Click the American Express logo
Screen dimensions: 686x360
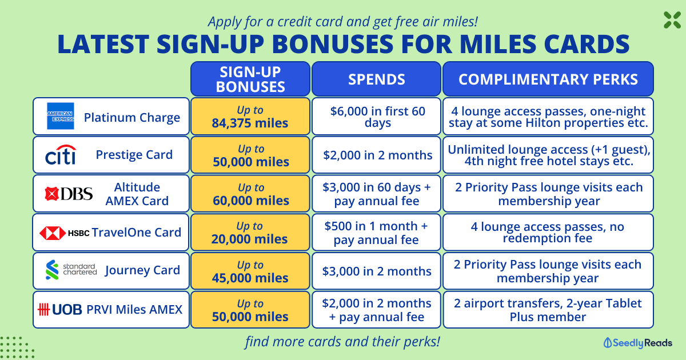(61, 116)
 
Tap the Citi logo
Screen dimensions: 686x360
(61, 155)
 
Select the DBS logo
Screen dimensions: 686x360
(69, 194)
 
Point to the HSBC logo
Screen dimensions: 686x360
(64, 233)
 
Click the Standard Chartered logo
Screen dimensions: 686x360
(71, 270)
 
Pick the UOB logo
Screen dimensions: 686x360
(59, 310)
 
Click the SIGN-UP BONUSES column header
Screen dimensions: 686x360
(250, 79)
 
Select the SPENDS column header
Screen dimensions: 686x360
(376, 79)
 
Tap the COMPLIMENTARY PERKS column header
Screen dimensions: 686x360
(548, 79)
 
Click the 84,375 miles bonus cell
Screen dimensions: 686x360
(250, 117)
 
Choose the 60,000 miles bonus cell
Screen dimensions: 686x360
(250, 194)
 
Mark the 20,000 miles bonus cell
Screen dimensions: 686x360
(250, 233)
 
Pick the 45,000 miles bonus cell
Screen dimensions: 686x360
(250, 271)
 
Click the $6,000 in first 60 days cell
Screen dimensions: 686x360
(376, 117)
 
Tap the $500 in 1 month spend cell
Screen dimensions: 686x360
(376, 233)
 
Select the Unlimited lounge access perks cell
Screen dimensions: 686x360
(548, 155)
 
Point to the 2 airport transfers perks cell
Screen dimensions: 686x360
(548, 310)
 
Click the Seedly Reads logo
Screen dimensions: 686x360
(637, 343)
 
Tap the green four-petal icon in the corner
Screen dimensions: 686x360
(672, 20)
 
